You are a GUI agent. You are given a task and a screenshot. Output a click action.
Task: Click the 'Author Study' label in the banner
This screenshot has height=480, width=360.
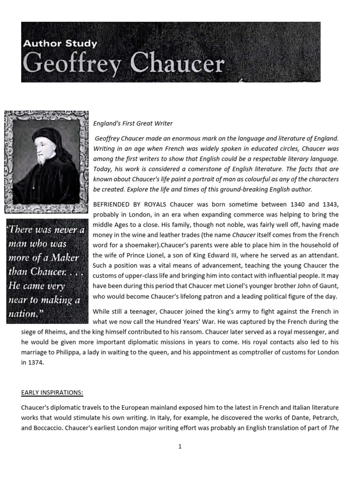tap(60, 44)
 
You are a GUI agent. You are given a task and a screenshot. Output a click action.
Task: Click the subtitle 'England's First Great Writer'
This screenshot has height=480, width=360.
tap(133, 124)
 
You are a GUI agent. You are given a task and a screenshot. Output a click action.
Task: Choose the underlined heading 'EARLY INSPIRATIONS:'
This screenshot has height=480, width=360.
tap(52, 393)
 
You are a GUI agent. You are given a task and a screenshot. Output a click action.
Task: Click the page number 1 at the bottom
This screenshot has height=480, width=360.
tap(180, 447)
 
